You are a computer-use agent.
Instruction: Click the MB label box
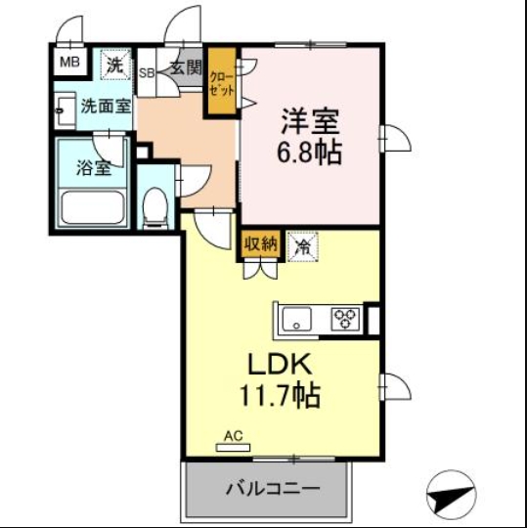coord(69,64)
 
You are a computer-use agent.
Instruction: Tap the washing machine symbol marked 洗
coord(115,66)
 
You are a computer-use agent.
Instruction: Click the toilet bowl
coord(153,205)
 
